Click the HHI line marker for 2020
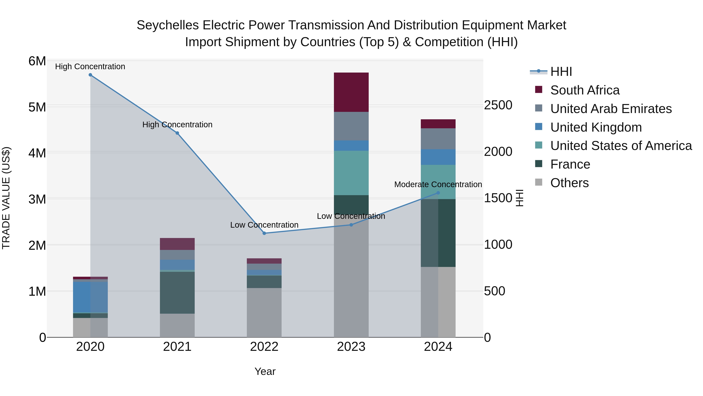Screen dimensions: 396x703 (x=90, y=75)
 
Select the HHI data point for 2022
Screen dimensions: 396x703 (x=264, y=233)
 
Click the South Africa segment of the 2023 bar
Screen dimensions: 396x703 (x=351, y=92)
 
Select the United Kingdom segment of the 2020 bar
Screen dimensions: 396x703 (x=90, y=297)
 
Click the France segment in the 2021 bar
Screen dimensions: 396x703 (x=177, y=292)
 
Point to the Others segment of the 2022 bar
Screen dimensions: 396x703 (x=264, y=312)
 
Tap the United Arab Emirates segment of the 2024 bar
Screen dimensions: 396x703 (x=438, y=139)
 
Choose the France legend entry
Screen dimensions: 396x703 (x=570, y=164)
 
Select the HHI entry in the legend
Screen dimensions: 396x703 (x=561, y=72)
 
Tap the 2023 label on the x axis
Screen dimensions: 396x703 (x=351, y=347)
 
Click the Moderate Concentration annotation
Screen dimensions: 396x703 (x=438, y=184)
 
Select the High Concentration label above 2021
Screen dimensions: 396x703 (x=177, y=125)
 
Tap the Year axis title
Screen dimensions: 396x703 (x=265, y=371)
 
